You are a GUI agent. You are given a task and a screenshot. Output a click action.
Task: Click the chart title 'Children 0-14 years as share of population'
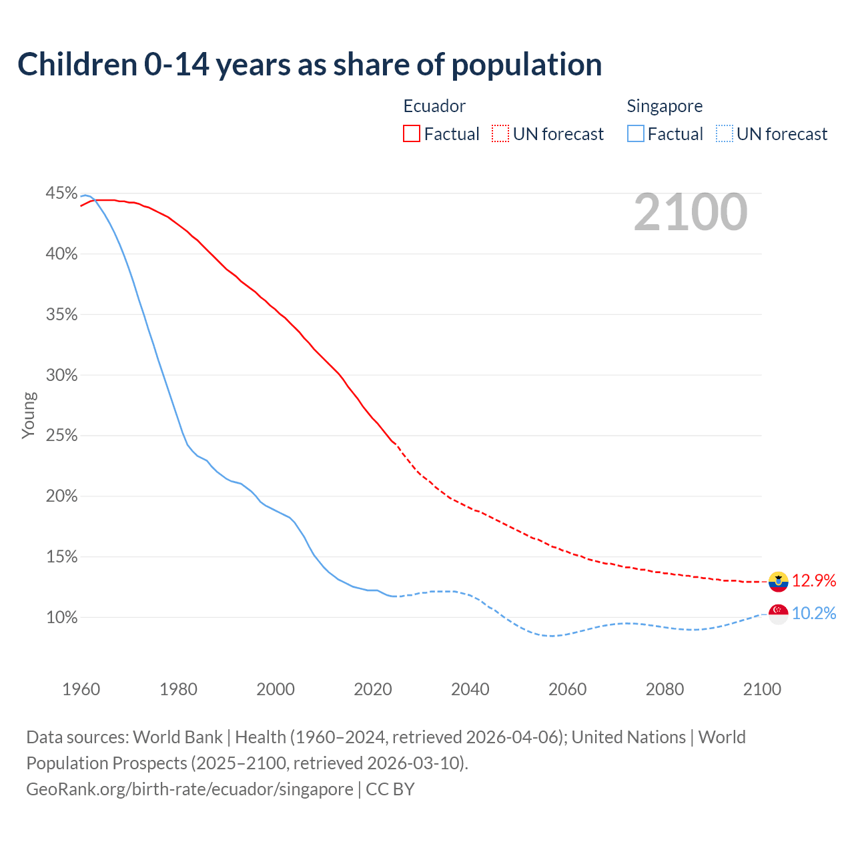(310, 65)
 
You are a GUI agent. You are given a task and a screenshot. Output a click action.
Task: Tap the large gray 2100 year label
(691, 212)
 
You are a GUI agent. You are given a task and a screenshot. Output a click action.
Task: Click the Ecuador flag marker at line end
(778, 582)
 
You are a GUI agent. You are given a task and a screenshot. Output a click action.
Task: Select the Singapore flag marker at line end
(778, 614)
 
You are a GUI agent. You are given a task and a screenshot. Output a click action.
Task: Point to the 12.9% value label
(814, 581)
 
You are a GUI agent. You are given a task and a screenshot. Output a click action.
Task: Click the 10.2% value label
(814, 614)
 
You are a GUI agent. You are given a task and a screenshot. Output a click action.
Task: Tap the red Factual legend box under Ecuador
(412, 134)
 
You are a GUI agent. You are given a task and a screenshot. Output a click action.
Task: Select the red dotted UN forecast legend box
(500, 134)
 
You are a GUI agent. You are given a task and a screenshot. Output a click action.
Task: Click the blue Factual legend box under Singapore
(635, 134)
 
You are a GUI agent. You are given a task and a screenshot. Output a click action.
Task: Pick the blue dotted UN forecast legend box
(724, 134)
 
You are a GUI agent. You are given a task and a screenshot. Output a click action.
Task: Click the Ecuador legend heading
(434, 106)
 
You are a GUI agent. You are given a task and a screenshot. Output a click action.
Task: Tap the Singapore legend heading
(665, 106)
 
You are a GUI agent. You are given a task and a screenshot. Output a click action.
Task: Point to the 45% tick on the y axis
(61, 193)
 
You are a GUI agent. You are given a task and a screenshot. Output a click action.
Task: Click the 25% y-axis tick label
(61, 436)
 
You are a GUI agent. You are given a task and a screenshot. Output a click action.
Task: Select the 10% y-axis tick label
(61, 618)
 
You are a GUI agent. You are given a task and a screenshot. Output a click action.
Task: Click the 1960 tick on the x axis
(81, 689)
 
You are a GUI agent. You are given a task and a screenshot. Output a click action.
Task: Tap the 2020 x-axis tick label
(373, 689)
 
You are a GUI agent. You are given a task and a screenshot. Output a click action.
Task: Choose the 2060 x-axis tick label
(567, 689)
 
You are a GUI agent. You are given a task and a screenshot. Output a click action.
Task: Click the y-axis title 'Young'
(29, 415)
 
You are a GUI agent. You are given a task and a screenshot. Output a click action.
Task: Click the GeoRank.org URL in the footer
(189, 789)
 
